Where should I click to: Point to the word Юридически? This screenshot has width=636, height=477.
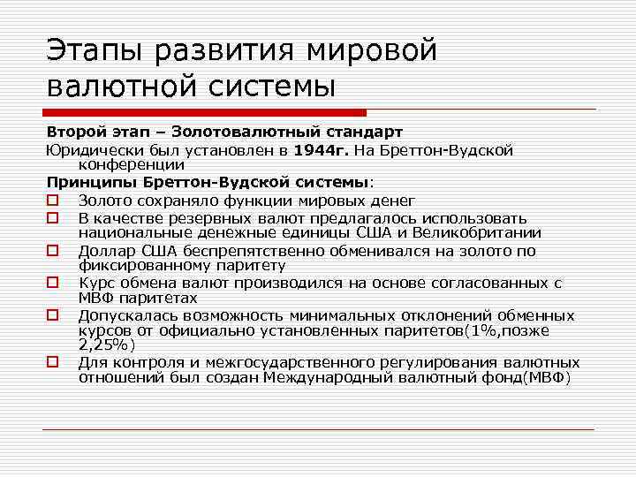tap(89, 149)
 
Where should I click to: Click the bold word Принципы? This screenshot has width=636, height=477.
tap(91, 183)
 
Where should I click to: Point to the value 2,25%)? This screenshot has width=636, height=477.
tap(105, 345)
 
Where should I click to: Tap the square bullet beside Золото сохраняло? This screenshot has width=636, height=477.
tap(53, 201)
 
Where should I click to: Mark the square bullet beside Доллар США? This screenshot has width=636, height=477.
tap(53, 251)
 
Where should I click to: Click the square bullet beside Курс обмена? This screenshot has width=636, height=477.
tap(53, 284)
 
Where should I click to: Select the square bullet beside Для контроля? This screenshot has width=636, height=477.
tap(53, 363)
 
